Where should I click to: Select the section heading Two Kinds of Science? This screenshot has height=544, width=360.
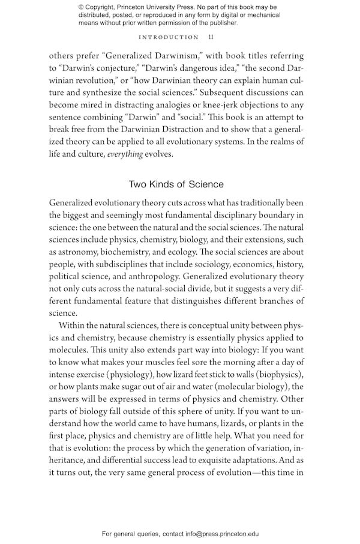pyautogui.click(x=176, y=184)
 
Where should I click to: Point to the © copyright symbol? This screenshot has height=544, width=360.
pyautogui.click(x=82, y=7)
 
